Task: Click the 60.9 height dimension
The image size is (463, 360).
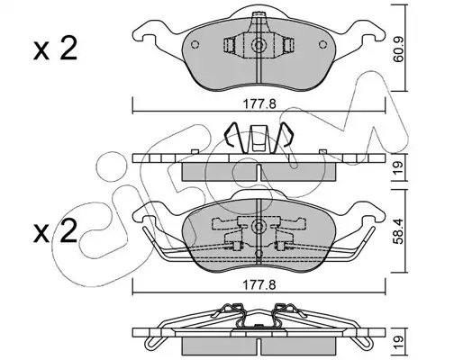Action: click(399, 49)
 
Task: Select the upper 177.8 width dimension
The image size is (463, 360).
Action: click(259, 104)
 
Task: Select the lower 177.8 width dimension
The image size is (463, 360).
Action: click(259, 285)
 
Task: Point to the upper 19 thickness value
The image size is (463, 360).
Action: click(399, 168)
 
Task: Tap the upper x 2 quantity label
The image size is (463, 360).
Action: click(56, 49)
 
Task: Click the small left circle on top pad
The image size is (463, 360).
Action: click(195, 44)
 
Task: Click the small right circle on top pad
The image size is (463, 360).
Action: click(322, 44)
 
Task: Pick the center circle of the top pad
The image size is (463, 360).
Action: click(259, 45)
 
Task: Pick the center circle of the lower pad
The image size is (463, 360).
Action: click(259, 227)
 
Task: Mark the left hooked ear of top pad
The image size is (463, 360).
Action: click(150, 30)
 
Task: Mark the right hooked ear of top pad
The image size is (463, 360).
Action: click(368, 30)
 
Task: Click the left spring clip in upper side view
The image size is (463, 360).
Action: click(231, 138)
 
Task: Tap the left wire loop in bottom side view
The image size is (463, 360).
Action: click(152, 341)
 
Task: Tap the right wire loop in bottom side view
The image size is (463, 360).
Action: click(365, 341)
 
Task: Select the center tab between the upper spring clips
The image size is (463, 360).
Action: click(259, 139)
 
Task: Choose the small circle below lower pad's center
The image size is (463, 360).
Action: click(259, 254)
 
